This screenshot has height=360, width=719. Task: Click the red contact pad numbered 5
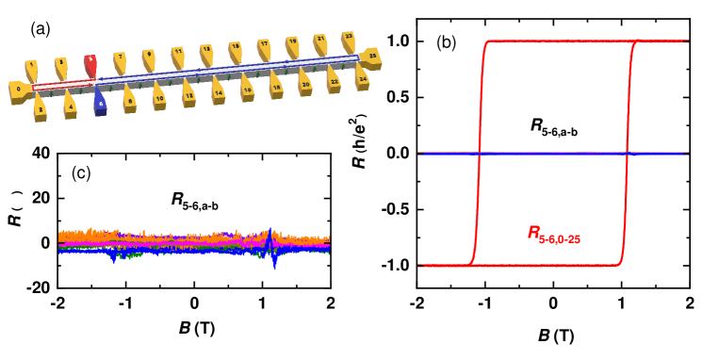90,63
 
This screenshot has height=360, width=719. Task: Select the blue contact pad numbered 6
100,103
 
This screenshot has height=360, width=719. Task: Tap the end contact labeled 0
18,90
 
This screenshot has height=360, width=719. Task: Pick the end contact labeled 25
371,57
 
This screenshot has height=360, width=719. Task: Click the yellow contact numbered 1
31,69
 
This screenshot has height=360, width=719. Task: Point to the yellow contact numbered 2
41,108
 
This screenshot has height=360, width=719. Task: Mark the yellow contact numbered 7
120,60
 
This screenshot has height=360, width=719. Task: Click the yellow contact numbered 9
149,57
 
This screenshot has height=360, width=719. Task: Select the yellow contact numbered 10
159,96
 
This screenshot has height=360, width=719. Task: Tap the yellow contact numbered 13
206,52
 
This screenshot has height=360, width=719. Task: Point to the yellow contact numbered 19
293,44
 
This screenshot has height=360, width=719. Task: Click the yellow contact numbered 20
305,83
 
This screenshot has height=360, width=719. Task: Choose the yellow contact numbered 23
349,40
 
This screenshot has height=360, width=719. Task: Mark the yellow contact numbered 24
362,77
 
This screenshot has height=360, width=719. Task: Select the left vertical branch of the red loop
479,151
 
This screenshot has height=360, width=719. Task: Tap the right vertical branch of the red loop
629,151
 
